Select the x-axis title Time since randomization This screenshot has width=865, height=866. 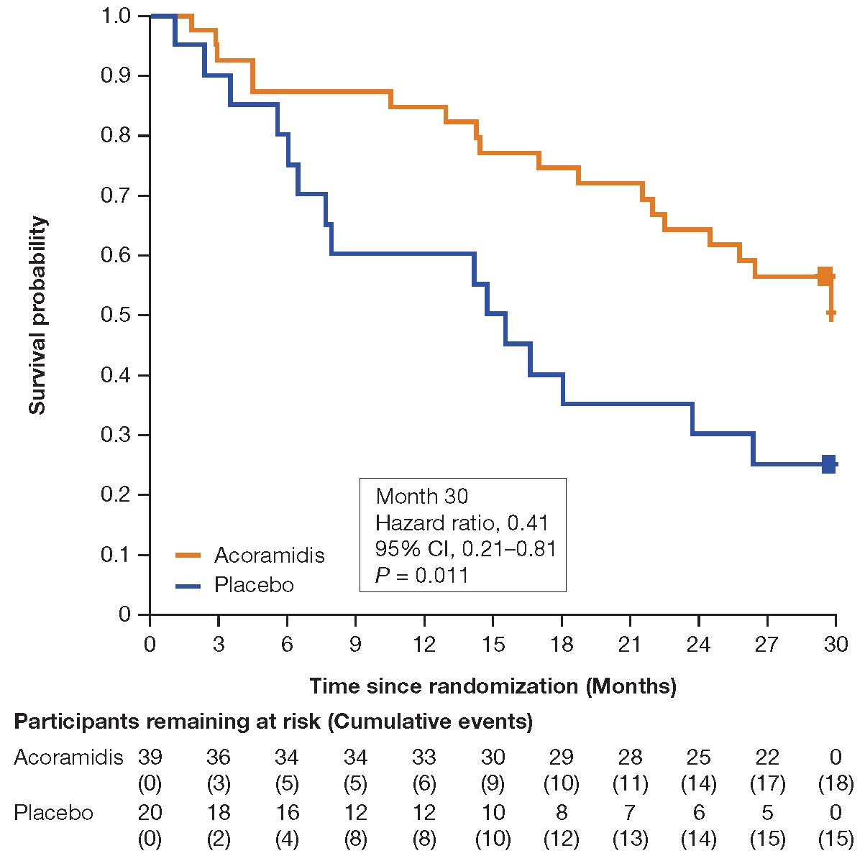pos(493,686)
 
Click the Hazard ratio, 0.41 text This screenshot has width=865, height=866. pos(462,522)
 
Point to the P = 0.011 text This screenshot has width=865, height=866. pos(422,575)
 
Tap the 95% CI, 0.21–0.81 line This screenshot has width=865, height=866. pos(466,548)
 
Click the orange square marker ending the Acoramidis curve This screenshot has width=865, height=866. pos(825,276)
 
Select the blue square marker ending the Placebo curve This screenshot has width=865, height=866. pos(828,464)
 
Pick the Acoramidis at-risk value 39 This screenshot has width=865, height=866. pos(150,757)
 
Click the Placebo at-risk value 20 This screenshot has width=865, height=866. pos(150,813)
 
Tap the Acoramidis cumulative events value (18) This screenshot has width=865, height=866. pos(836,783)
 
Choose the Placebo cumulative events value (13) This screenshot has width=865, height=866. pos(630,839)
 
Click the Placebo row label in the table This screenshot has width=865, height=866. pos(54,813)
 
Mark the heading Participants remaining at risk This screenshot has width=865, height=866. pos(273,722)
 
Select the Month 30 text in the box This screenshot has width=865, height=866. pos(422,496)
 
